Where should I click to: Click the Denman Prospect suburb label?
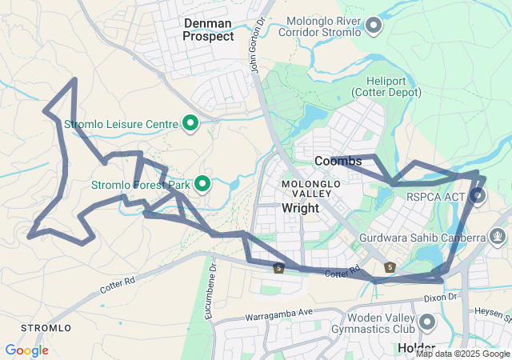tap(208, 30)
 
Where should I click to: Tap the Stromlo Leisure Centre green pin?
tap(190, 123)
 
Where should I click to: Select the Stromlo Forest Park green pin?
tap(202, 185)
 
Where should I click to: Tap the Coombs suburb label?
tap(338, 161)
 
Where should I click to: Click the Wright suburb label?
tap(301, 208)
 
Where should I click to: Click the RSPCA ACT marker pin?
tap(478, 194)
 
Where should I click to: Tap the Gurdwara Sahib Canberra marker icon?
tap(498, 236)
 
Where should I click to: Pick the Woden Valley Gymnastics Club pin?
tap(426, 322)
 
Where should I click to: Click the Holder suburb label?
tap(416, 349)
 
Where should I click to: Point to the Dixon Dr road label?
tap(441, 297)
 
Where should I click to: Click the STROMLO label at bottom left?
tap(46, 328)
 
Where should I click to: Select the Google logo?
tap(26, 350)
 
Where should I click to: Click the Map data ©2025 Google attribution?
tap(462, 354)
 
